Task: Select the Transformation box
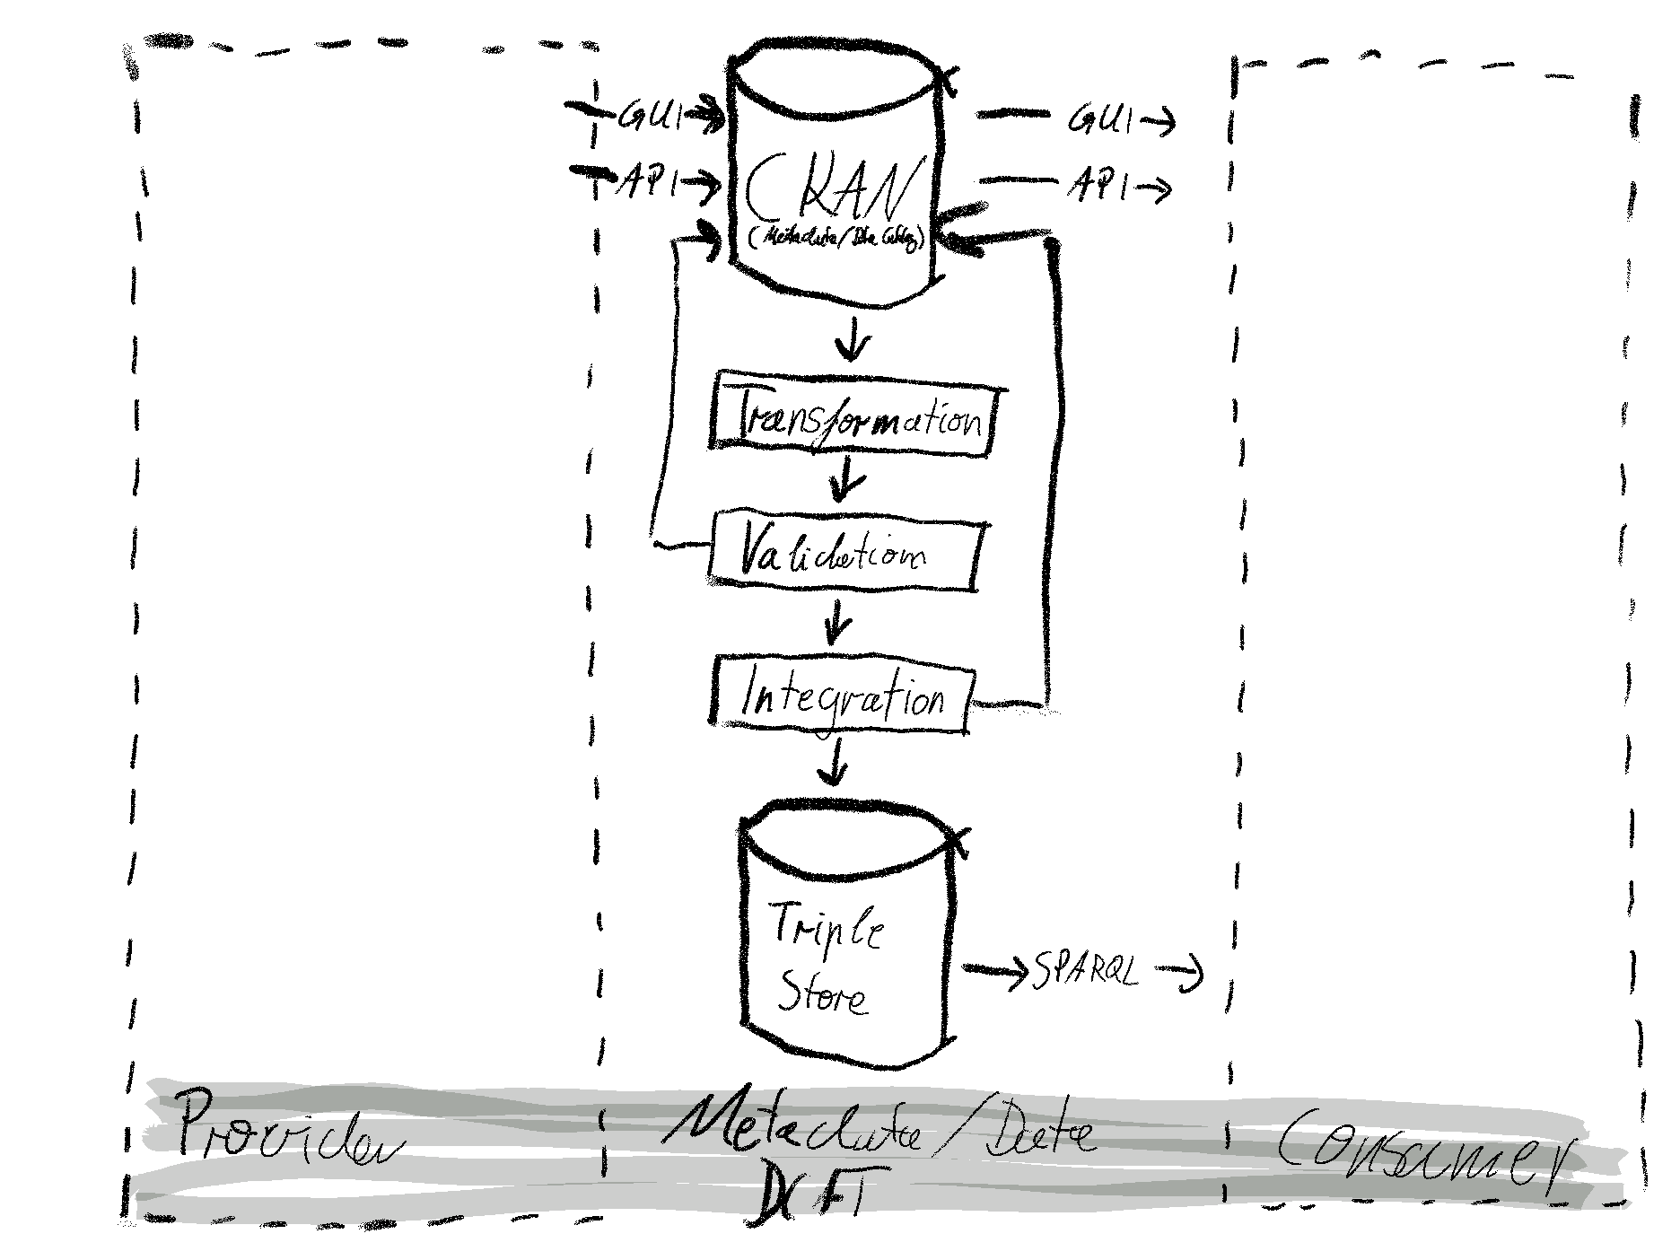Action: (857, 420)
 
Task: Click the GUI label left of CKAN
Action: (651, 117)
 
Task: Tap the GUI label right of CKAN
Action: (1099, 119)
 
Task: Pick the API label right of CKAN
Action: (1099, 187)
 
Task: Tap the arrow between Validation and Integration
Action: (836, 621)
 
